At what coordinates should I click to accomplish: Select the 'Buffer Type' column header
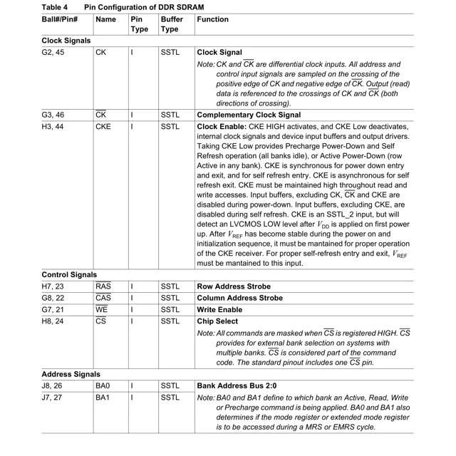tap(171, 24)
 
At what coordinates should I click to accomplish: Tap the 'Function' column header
tap(213, 19)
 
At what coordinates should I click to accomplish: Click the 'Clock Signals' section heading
tap(66, 41)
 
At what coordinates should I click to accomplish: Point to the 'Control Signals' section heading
tap(69, 274)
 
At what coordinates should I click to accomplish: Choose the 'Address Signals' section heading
tap(71, 374)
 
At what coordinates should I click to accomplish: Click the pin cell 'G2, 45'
tap(53, 53)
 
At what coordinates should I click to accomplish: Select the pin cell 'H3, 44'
tap(53, 127)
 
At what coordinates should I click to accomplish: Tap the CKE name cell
tap(103, 127)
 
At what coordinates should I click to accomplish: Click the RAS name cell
tap(103, 286)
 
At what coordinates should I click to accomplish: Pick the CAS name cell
tap(103, 298)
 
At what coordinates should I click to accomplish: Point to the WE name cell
tap(101, 310)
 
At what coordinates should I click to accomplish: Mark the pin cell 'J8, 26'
tap(53, 386)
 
